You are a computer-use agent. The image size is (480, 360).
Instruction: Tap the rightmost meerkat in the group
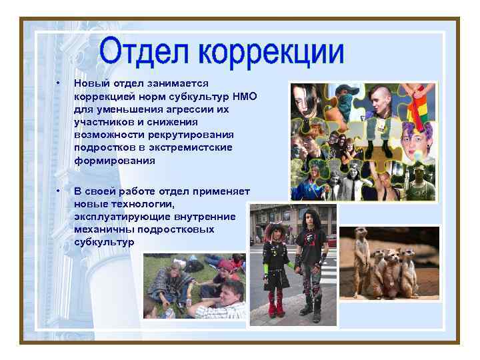pyautogui.click(x=408, y=273)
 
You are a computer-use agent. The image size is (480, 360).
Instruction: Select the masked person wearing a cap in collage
pyautogui.click(x=345, y=100)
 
